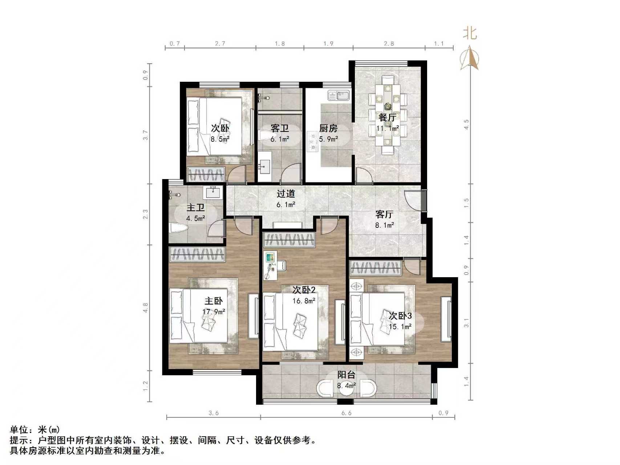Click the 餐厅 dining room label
pyautogui.click(x=387, y=117)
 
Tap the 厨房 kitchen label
pyautogui.click(x=328, y=128)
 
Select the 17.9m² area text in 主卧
pyautogui.click(x=214, y=312)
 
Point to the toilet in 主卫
pyautogui.click(x=179, y=229)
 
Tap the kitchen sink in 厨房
pyautogui.click(x=339, y=96)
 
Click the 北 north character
pyautogui.click(x=470, y=33)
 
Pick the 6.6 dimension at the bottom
pyautogui.click(x=347, y=413)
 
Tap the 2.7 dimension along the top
pyautogui.click(x=220, y=44)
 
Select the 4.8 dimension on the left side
pyautogui.click(x=146, y=308)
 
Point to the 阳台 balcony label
pyautogui.click(x=346, y=375)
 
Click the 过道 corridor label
pyautogui.click(x=285, y=194)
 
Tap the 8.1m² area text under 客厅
pyautogui.click(x=385, y=225)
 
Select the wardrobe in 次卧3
pyautogui.click(x=376, y=268)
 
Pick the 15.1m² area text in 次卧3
pyautogui.click(x=400, y=327)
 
